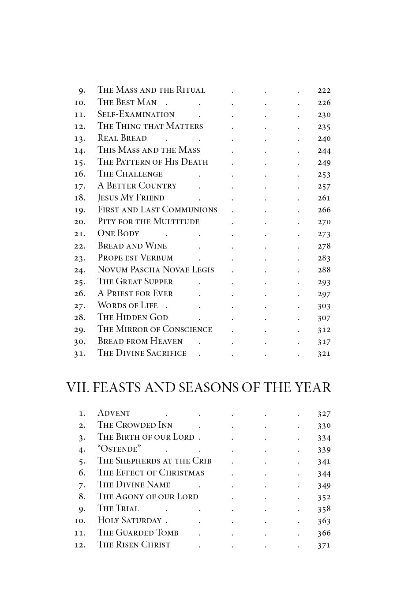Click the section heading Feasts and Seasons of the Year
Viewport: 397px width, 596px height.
pos(198,388)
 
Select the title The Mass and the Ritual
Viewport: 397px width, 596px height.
pos(151,90)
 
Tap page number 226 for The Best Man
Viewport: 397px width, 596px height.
pos(324,102)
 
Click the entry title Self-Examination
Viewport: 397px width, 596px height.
pos(136,114)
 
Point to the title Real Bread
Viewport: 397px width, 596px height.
pos(122,138)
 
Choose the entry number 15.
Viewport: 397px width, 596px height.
pos(79,162)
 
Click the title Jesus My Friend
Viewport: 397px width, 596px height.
pos(131,198)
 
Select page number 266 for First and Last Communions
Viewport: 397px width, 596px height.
pos(324,210)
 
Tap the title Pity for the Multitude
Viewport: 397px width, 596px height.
pos(148,222)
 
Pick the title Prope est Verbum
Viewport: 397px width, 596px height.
pos(135,258)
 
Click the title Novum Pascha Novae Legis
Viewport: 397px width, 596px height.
pos(155,270)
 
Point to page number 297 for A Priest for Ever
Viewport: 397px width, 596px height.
pos(324,294)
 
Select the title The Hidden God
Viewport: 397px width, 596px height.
pos(132,317)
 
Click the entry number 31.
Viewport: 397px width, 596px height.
pos(79,354)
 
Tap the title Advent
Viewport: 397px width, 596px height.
pos(114,413)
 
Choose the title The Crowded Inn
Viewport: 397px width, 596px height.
pos(135,425)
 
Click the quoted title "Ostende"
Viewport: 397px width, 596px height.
pos(119,449)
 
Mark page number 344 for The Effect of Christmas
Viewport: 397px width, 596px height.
pos(324,473)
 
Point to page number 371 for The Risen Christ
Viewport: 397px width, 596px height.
pos(324,545)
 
